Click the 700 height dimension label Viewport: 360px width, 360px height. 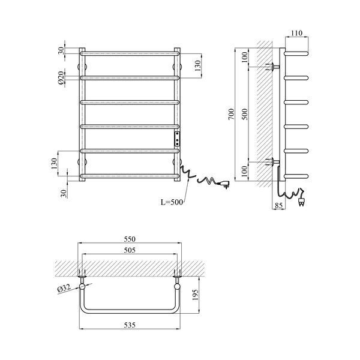click(232, 114)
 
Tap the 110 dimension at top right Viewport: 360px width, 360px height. click(296, 33)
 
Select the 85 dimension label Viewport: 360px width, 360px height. click(278, 205)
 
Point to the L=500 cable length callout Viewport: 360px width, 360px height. click(172, 202)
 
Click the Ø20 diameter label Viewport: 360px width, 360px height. click(61, 78)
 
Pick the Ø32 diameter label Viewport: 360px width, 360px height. click(64, 288)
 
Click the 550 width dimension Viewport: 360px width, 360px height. click(130, 239)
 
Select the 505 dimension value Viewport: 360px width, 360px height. click(130, 250)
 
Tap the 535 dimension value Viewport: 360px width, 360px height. click(130, 325)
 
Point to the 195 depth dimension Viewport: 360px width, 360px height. click(194, 295)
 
